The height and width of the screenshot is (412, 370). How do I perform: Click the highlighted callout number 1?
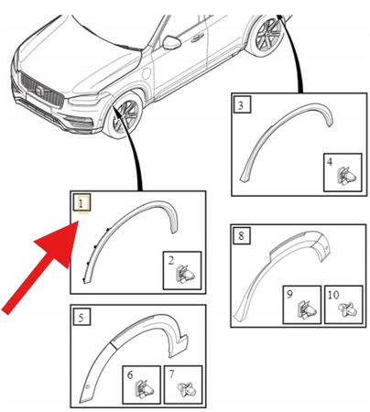click(81, 202)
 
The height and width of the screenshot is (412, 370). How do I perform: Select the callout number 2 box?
click(170, 260)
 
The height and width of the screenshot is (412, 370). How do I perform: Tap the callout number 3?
click(240, 106)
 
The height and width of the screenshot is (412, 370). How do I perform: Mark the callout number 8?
click(240, 237)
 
